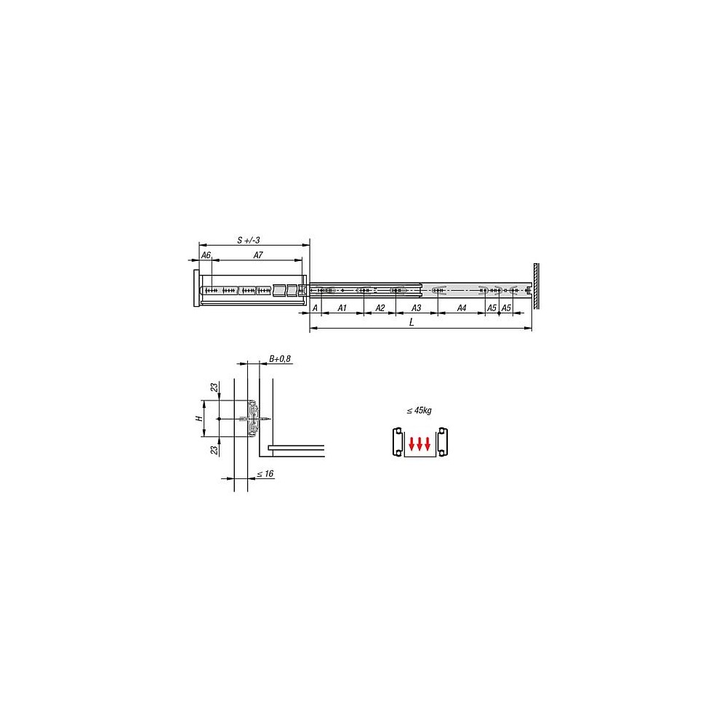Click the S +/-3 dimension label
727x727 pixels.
pyautogui.click(x=249, y=240)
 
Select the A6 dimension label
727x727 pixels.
pyautogui.click(x=206, y=255)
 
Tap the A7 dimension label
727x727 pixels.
pyautogui.click(x=258, y=255)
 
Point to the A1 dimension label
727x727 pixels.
pyautogui.click(x=342, y=308)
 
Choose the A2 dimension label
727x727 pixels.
pyautogui.click(x=380, y=308)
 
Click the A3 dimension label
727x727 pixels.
pyautogui.click(x=417, y=308)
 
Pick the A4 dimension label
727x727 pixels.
pyautogui.click(x=462, y=308)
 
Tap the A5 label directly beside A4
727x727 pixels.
pyautogui.click(x=491, y=308)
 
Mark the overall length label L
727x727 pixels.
pyautogui.click(x=411, y=322)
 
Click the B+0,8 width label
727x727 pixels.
pyautogui.click(x=280, y=358)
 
